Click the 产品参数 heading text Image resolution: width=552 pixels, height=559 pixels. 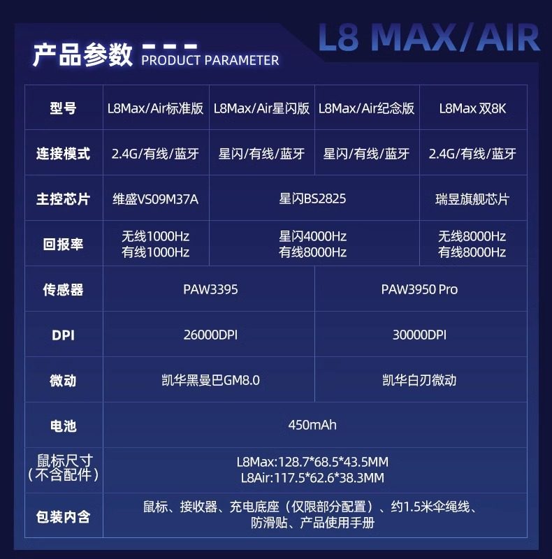click(82, 55)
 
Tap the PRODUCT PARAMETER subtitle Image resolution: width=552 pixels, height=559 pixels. click(210, 60)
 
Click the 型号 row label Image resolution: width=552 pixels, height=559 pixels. click(63, 108)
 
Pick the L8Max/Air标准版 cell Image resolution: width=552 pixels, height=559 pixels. click(155, 108)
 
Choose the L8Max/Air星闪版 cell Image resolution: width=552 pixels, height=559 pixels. click(261, 108)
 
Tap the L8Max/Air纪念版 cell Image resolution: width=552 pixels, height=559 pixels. click(366, 108)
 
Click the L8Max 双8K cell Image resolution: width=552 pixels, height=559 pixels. click(472, 108)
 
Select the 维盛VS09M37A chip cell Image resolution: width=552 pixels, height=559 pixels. click(155, 199)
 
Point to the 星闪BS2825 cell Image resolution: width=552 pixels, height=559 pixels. click(312, 199)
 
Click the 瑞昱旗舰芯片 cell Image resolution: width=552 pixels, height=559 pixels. click(472, 199)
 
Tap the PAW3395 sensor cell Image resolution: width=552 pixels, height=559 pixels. click(210, 289)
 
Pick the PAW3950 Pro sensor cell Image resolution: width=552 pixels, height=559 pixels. click(419, 289)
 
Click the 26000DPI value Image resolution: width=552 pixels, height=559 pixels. click(210, 335)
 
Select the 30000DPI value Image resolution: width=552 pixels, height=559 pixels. click(419, 335)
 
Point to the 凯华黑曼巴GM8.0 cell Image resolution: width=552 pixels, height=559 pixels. click(210, 381)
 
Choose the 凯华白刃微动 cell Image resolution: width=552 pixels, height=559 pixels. click(419, 381)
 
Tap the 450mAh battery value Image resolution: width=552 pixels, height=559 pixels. click(312, 425)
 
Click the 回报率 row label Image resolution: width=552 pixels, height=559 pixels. click(63, 245)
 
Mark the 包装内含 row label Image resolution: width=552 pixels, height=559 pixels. click(63, 517)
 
